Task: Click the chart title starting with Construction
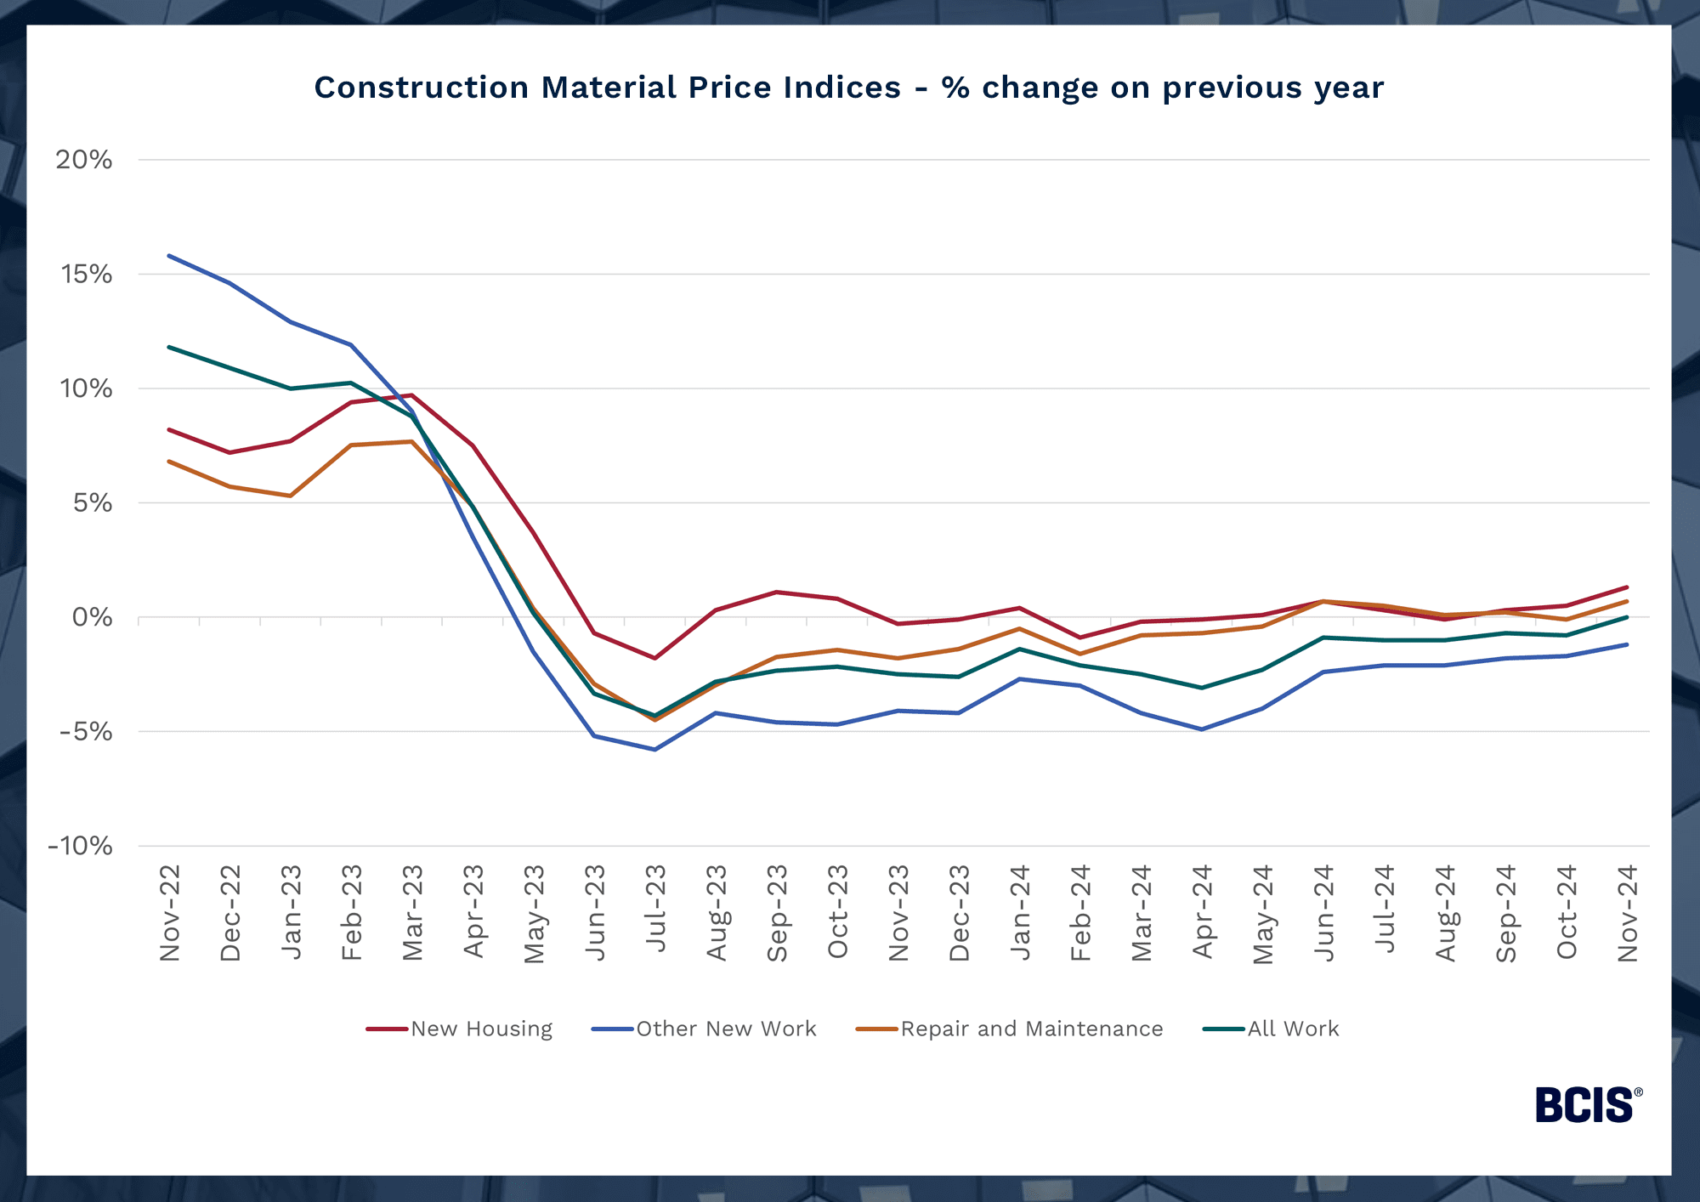coord(848,88)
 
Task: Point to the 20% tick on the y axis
coord(84,160)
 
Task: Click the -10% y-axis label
coord(81,846)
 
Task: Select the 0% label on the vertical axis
coord(92,617)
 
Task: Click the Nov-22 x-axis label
coord(170,913)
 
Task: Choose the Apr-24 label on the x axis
coord(1202,911)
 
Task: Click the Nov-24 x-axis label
coord(1627,913)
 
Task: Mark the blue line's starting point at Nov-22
coord(170,255)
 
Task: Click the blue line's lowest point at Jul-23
coord(655,750)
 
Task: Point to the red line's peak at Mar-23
coord(412,395)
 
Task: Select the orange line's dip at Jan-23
coord(291,496)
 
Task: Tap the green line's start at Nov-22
coord(170,347)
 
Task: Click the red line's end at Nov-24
coord(1627,587)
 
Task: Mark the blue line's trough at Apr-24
coord(1202,729)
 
